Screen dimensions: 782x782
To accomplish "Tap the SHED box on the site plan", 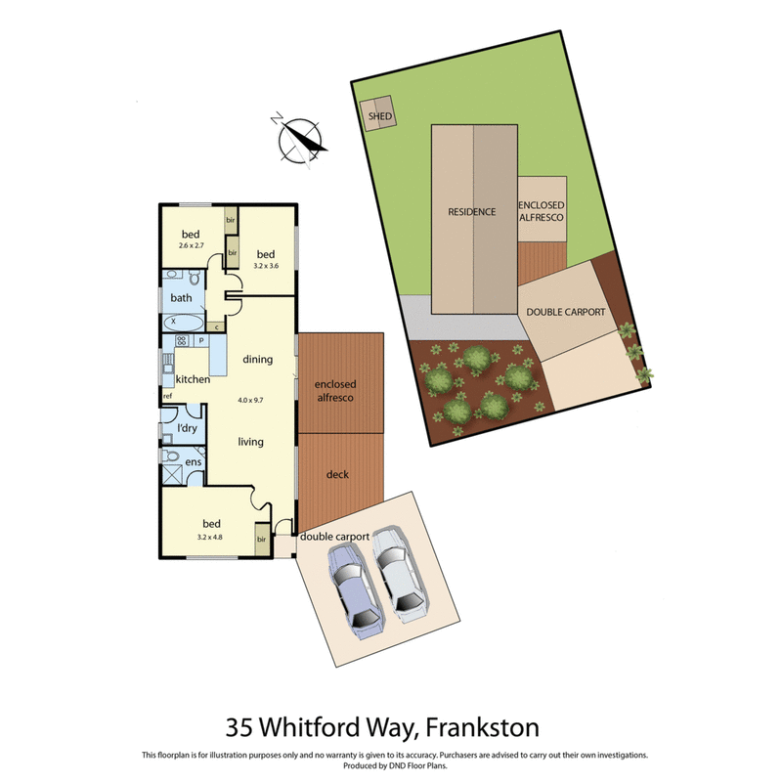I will pyautogui.click(x=378, y=114).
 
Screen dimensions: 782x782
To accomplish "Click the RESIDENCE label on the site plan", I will pyautogui.click(x=472, y=212).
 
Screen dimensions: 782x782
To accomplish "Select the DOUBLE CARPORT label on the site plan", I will pyautogui.click(x=566, y=313).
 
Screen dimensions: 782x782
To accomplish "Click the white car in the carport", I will pyautogui.click(x=398, y=576).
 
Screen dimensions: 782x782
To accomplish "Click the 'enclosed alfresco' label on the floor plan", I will pyautogui.click(x=335, y=391).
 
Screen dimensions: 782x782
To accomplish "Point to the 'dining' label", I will pyautogui.click(x=255, y=359).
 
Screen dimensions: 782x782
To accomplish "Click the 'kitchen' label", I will pyautogui.click(x=193, y=379).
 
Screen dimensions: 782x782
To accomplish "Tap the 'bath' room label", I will pyautogui.click(x=181, y=297).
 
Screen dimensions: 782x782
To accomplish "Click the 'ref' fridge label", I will pyautogui.click(x=168, y=396).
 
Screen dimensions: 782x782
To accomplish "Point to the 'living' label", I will pyautogui.click(x=251, y=442).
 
